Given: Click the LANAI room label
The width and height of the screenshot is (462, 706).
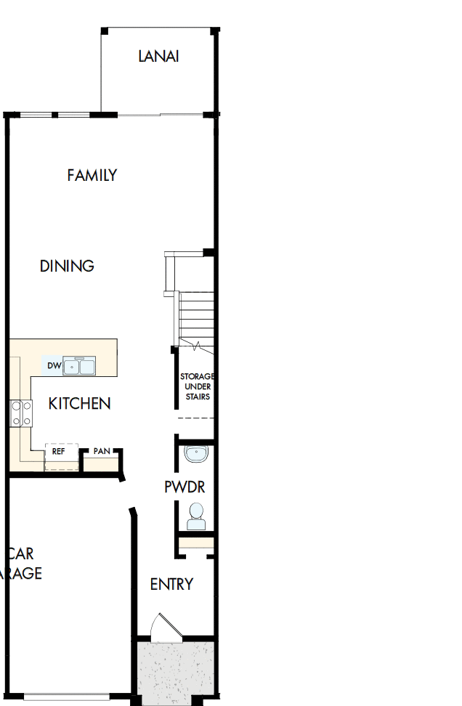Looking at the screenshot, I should [158, 56].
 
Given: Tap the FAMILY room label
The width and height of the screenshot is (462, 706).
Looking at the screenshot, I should [92, 175].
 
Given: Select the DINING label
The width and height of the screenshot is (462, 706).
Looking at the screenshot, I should [67, 266].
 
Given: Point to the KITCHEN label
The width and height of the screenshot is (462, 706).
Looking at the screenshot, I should [80, 403].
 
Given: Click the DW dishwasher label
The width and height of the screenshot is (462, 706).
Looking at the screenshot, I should [53, 366].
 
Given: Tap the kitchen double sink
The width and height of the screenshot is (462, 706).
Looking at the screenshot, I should [78, 367].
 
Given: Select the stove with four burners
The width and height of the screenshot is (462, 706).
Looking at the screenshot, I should [20, 413].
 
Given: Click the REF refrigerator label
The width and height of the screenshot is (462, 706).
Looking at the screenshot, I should [59, 451].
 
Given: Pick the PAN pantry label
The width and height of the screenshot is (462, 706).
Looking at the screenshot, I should [102, 451].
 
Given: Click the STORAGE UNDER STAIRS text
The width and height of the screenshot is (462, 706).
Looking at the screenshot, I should [197, 386].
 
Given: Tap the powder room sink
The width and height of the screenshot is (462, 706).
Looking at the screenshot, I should [195, 455].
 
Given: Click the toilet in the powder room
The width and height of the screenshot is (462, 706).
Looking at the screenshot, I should [196, 516].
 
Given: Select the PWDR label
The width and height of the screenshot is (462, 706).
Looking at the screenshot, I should [185, 487].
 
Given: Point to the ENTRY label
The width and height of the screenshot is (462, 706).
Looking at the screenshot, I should [171, 584].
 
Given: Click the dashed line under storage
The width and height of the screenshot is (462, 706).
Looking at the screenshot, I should [196, 420].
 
